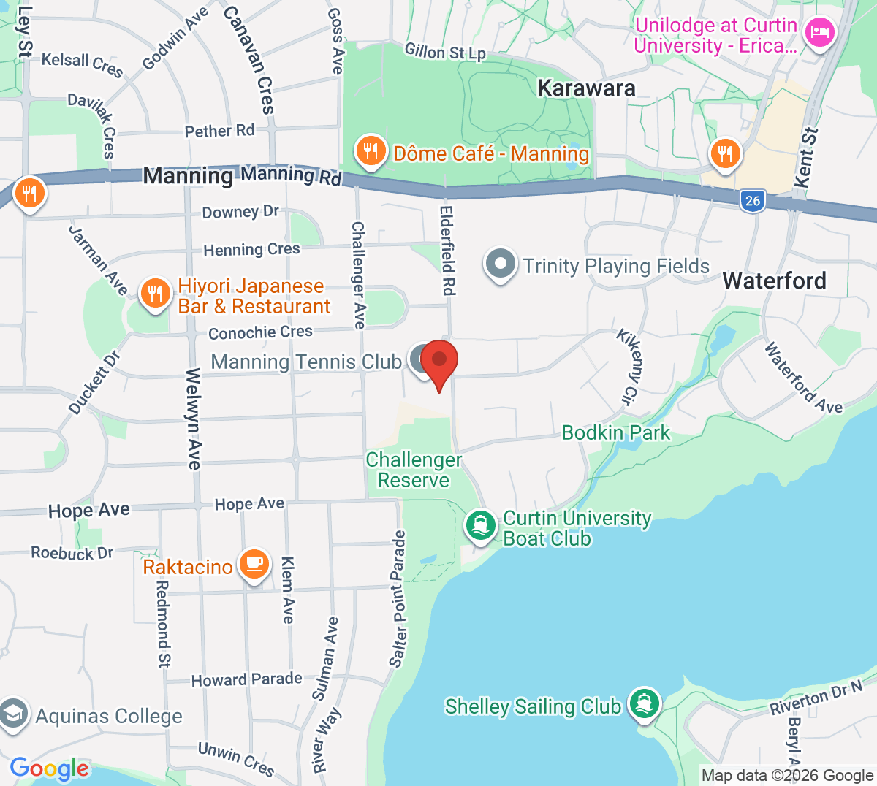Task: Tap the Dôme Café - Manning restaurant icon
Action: pyautogui.click(x=371, y=152)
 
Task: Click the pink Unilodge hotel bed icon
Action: pyautogui.click(x=819, y=34)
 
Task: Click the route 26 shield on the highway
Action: pyautogui.click(x=753, y=200)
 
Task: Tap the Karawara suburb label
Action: pyautogui.click(x=586, y=88)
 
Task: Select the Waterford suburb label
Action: pyautogui.click(x=774, y=281)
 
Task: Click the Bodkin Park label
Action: pyautogui.click(x=615, y=432)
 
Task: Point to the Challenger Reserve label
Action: pyautogui.click(x=414, y=470)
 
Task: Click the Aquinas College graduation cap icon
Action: pyautogui.click(x=13, y=714)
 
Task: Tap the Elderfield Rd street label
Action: pyautogui.click(x=447, y=250)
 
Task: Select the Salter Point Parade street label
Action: pyautogui.click(x=398, y=599)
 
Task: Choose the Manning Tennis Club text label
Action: pyautogui.click(x=305, y=362)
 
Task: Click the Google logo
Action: pyautogui.click(x=49, y=768)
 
